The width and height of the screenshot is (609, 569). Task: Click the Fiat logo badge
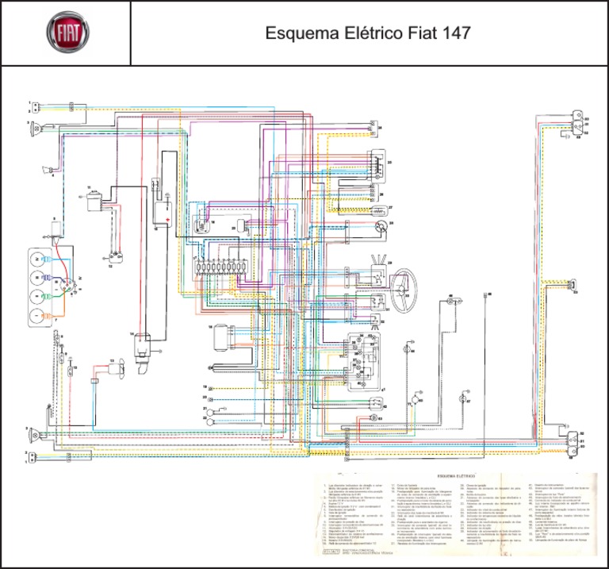(66, 33)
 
